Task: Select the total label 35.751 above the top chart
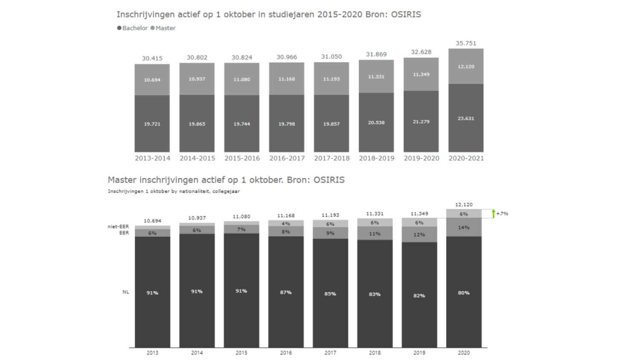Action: click(466, 43)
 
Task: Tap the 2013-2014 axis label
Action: click(152, 158)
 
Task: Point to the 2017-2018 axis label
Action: click(332, 158)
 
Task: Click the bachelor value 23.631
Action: click(466, 119)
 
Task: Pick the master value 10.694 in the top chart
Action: click(152, 80)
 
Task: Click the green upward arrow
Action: click(493, 213)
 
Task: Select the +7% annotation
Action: click(502, 214)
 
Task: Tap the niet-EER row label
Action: click(118, 226)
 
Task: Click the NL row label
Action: click(125, 292)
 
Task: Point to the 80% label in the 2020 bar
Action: click(464, 293)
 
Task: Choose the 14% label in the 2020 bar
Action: click(464, 228)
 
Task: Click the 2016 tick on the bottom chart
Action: click(286, 353)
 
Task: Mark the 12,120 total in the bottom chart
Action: click(464, 205)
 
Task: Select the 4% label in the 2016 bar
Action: click(286, 224)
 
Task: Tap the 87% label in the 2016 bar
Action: click(286, 293)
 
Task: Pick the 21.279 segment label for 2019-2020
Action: click(421, 122)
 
